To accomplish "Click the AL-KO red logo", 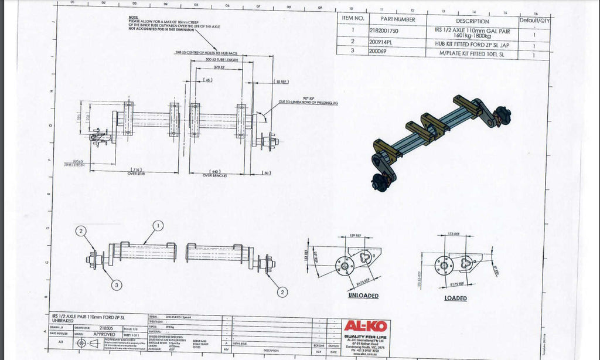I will [x=365, y=325].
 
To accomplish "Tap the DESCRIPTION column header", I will [x=468, y=21].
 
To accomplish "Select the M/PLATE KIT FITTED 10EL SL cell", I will [x=468, y=53].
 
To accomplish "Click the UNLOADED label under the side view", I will [x=363, y=296].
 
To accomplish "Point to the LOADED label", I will [x=455, y=298].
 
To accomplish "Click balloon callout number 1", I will [x=158, y=225].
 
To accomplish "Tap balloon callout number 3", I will [x=117, y=285].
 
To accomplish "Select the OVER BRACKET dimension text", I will [x=215, y=175].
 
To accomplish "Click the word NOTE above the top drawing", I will [x=133, y=17].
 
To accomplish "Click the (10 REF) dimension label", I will [x=281, y=82].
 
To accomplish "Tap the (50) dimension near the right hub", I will [x=267, y=173].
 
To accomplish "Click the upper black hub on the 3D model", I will [x=502, y=114].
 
